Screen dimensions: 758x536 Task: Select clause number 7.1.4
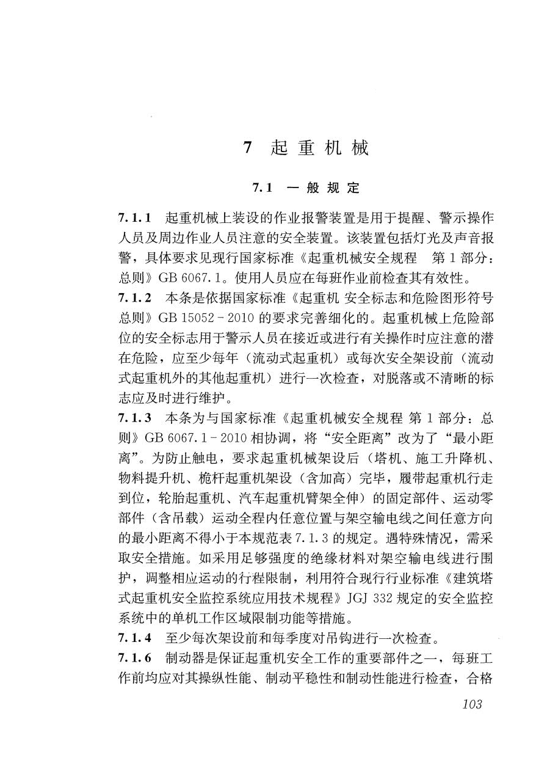134,640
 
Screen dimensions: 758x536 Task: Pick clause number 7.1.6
134,660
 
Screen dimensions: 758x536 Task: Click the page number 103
472,704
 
